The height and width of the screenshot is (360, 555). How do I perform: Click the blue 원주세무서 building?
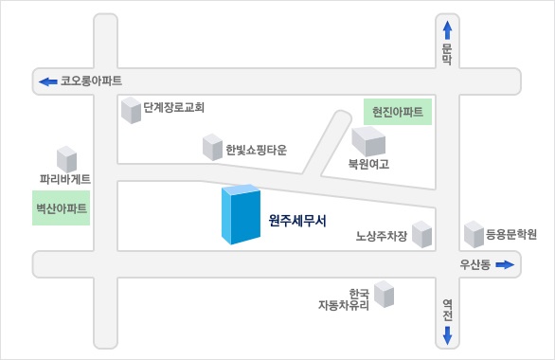coord(241,215)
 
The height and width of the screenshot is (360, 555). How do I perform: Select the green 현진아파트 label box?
coord(398,112)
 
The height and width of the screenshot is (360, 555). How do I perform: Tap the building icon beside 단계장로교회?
coord(131,111)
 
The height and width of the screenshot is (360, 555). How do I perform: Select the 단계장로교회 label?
coord(174,108)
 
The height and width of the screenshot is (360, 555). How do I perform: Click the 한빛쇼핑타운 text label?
coord(256,150)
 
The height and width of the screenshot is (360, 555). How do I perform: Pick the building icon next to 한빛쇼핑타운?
coord(212,147)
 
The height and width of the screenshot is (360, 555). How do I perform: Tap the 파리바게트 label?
coord(65,179)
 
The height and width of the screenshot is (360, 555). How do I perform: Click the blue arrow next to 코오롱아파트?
coord(47,81)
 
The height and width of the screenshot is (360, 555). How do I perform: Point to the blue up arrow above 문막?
coord(448,30)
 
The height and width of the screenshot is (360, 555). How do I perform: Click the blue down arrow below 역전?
coord(448,334)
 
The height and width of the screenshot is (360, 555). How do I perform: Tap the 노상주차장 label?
coord(381,237)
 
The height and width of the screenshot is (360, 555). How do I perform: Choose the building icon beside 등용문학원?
coord(473,233)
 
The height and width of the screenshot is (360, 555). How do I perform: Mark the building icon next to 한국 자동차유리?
coord(384,294)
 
